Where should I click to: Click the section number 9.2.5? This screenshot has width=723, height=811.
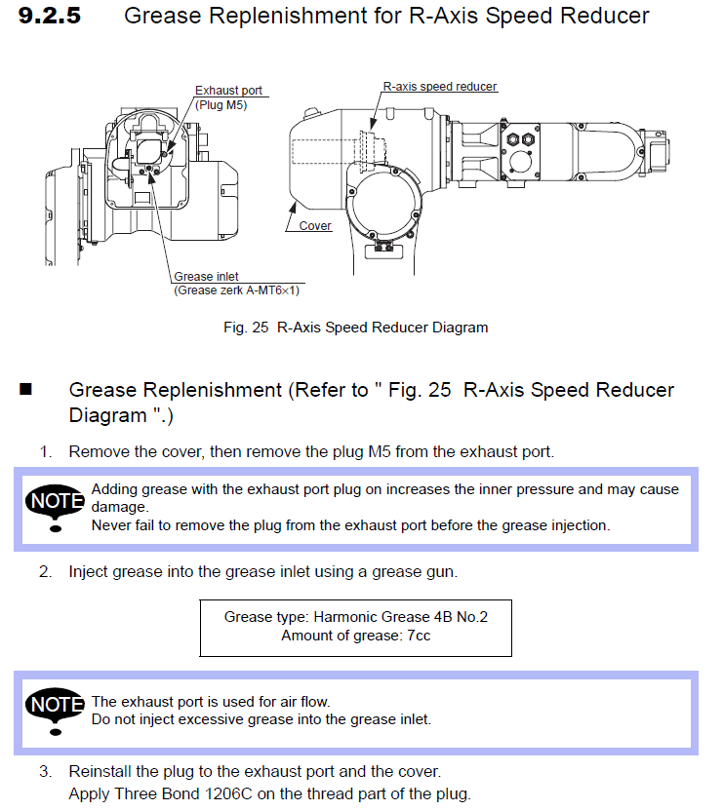[x=50, y=16]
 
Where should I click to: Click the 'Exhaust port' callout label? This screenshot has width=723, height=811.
[x=228, y=91]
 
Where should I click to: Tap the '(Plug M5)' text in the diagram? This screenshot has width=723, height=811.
[x=221, y=104]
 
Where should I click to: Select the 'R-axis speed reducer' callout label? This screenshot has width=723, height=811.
[x=439, y=87]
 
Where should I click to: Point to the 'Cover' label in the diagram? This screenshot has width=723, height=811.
[x=315, y=226]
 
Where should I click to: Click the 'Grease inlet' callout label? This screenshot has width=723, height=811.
[x=206, y=277]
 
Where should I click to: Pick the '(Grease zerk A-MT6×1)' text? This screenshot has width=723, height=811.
[x=236, y=290]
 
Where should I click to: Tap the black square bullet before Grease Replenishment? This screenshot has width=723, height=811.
[x=26, y=390]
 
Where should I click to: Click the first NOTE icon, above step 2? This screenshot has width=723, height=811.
[x=56, y=505]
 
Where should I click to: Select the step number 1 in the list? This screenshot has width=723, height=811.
[x=45, y=452]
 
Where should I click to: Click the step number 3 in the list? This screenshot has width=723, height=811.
[x=45, y=772]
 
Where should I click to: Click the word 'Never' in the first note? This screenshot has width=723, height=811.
[x=110, y=525]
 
